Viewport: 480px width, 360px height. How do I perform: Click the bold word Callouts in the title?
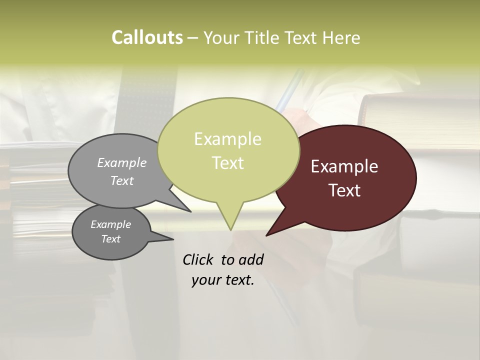click(147, 37)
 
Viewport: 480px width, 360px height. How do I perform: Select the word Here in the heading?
click(341, 37)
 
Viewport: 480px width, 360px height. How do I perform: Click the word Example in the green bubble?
click(227, 139)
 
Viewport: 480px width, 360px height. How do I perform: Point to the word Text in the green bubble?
click(227, 163)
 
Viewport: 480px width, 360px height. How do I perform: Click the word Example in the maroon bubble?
click(344, 166)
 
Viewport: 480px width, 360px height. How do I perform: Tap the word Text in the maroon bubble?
click(344, 190)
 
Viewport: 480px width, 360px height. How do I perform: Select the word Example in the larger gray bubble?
click(122, 162)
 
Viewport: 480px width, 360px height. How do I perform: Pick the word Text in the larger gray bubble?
click(122, 180)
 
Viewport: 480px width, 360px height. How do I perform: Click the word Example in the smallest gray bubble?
click(110, 224)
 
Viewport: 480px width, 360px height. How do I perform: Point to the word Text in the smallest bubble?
click(110, 239)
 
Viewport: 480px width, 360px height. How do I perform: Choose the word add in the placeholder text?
click(250, 259)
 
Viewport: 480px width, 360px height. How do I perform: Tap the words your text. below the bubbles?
click(222, 280)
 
